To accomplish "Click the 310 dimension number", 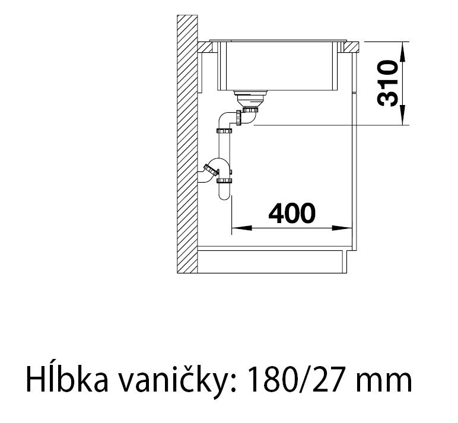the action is [x=387, y=83].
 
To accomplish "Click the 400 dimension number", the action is [x=292, y=213].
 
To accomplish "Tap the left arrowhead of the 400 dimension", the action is [x=241, y=228].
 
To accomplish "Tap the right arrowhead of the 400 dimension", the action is [x=342, y=228].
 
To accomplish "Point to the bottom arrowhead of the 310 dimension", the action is [x=403, y=115].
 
